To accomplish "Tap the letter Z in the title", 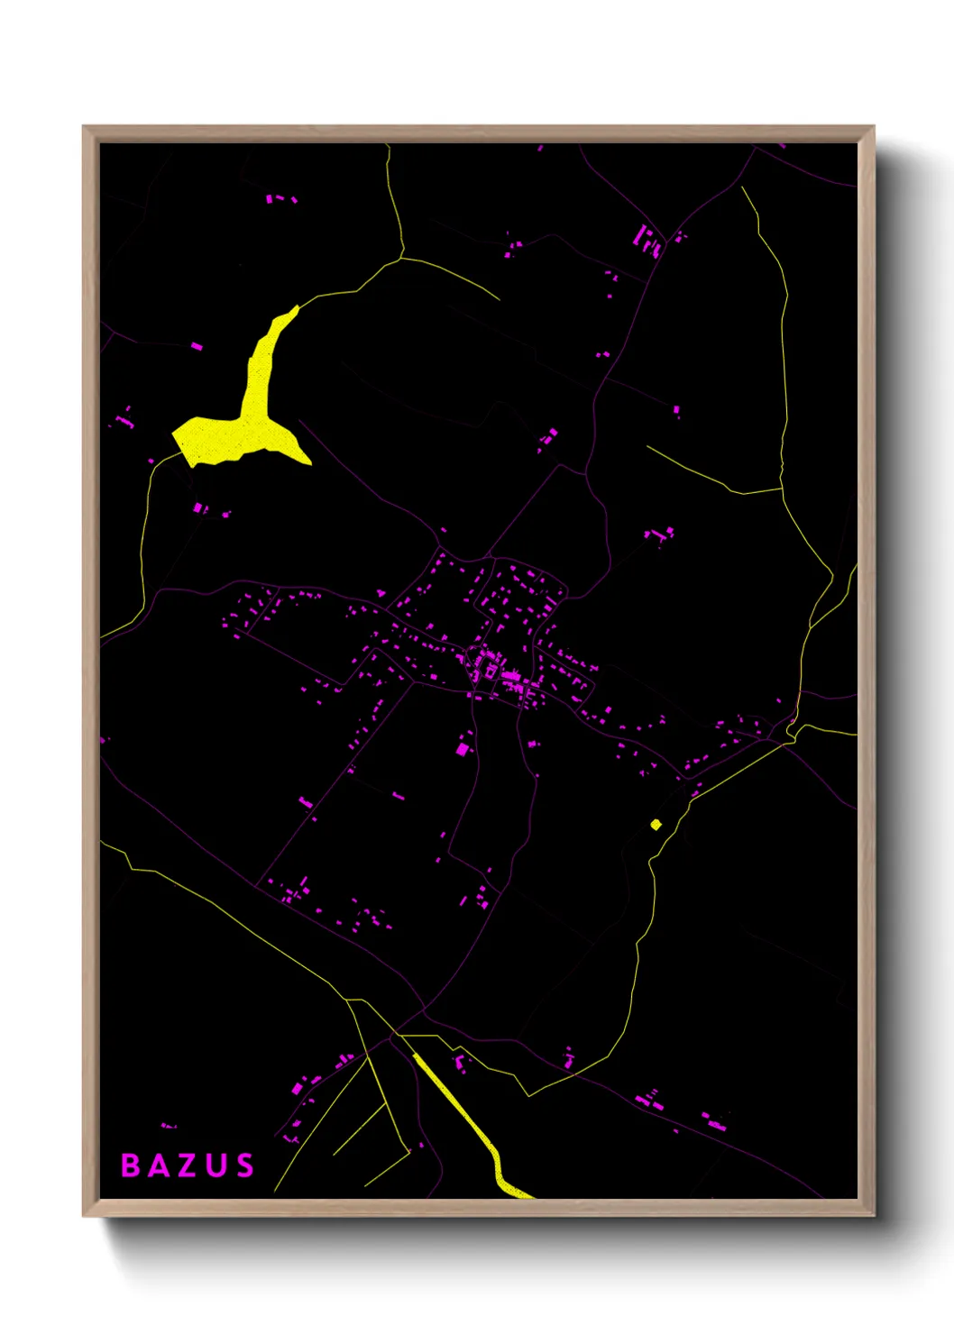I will (186, 1165).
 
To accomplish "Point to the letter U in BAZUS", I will (216, 1165).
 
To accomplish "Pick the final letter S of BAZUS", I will (244, 1165).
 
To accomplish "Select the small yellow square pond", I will (656, 824).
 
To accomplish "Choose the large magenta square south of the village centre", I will (463, 748).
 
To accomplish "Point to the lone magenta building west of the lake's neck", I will (197, 345).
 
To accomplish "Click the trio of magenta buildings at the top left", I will (280, 198).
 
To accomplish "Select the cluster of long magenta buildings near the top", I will (648, 241).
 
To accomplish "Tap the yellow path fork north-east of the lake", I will (400, 259).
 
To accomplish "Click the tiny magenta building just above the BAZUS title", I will (168, 1125).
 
